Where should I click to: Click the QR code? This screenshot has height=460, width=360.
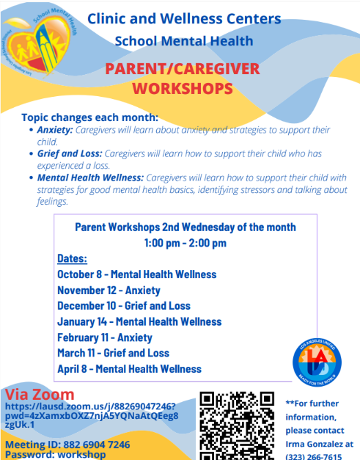point(238,425)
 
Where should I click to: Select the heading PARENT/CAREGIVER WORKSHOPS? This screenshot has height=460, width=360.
point(183,79)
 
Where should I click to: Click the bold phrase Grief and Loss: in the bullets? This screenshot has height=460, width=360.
point(70,154)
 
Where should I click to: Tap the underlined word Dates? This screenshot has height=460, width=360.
point(72,258)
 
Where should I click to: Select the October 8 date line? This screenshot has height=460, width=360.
point(136,274)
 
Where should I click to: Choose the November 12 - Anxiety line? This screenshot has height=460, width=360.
point(109,290)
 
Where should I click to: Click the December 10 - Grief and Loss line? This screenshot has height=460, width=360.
point(123,306)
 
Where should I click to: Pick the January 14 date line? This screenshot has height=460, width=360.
point(139,321)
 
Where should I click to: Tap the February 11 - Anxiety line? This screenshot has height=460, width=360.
point(105,337)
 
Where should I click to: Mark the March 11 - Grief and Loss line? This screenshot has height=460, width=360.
point(113,353)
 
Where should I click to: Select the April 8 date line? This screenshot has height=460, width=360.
point(129,369)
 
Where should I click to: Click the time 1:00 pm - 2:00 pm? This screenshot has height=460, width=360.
point(185,243)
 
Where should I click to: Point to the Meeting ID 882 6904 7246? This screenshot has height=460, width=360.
point(67,445)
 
